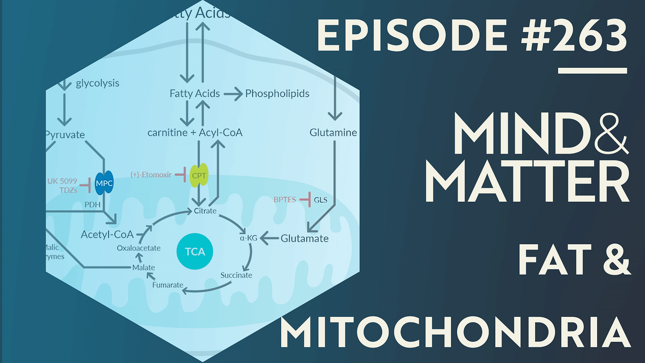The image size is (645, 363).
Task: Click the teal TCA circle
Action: click(195, 252)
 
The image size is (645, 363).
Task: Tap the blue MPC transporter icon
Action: click(105, 183)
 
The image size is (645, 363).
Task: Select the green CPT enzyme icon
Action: click(198, 176)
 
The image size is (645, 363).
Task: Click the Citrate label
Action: click(205, 211)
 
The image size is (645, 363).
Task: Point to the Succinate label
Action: click(236, 275)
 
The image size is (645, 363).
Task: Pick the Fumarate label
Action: click(167, 285)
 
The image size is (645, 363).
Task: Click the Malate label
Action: click(144, 267)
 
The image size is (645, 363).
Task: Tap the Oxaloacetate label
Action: click(139, 248)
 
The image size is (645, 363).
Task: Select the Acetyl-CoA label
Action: click(107, 234)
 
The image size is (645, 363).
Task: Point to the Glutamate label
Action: click(305, 238)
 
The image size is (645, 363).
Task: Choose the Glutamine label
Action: click(333, 133)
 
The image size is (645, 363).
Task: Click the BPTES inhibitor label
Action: click(284, 200)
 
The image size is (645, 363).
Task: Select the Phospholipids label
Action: click(277, 94)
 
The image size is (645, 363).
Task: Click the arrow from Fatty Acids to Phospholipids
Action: click(233, 94)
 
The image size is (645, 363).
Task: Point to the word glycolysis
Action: click(97, 83)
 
